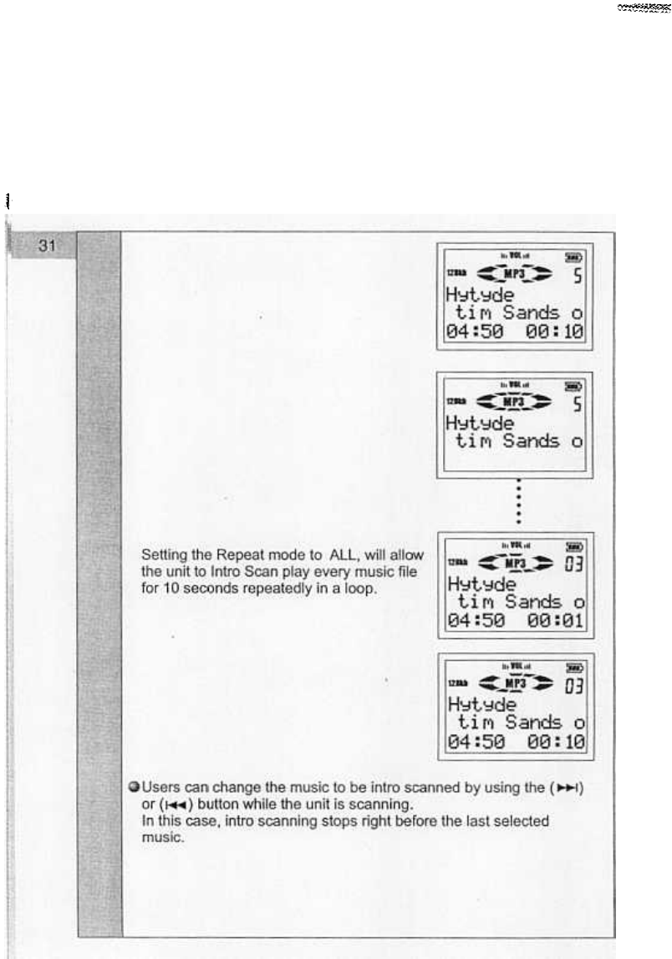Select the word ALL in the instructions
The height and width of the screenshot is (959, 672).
pyautogui.click(x=348, y=555)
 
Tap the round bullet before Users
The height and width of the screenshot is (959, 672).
pyautogui.click(x=134, y=788)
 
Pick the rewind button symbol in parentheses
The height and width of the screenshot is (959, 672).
pyautogui.click(x=160, y=804)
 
